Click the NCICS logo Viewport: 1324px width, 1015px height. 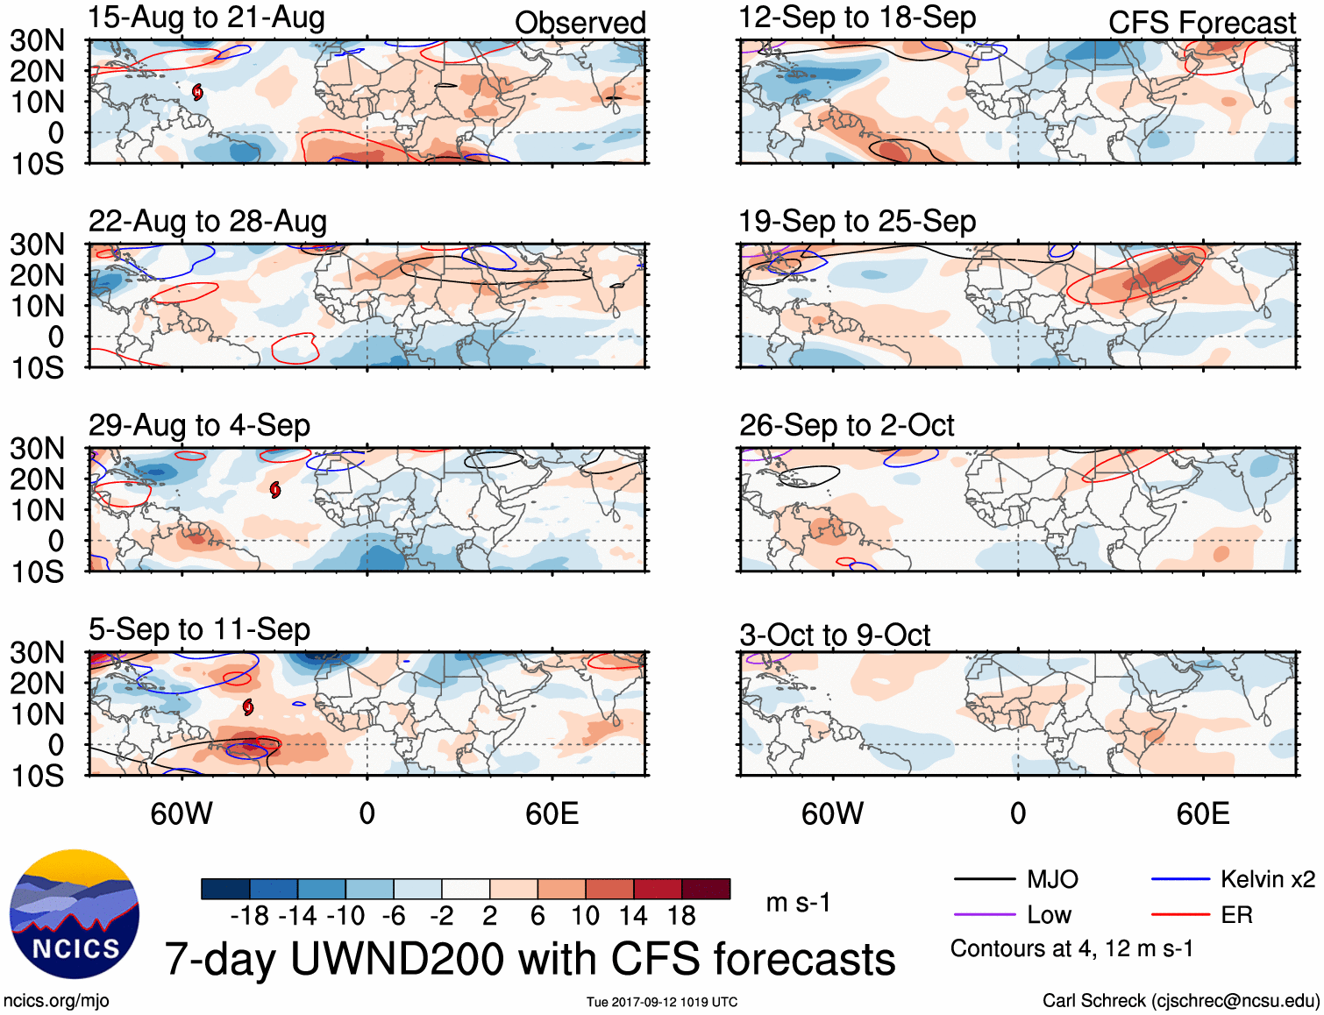[x=75, y=914]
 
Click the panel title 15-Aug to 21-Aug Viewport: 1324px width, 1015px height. [x=206, y=18]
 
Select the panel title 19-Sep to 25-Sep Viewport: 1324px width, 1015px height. [x=857, y=222]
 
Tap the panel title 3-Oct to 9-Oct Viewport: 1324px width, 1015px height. [x=834, y=635]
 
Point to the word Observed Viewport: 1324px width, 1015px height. [x=580, y=23]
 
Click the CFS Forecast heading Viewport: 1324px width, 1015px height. [x=1201, y=23]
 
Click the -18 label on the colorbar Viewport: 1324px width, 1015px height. [x=250, y=916]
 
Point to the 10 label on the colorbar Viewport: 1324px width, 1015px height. [x=585, y=916]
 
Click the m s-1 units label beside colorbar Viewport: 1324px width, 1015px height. [x=798, y=903]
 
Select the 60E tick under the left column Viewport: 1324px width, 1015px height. [x=552, y=813]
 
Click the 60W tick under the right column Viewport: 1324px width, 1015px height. [x=832, y=813]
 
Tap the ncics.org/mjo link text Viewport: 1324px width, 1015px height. [x=56, y=1001]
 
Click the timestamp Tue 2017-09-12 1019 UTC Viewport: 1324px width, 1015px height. [x=662, y=1002]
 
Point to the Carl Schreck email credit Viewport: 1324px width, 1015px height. [x=1180, y=1001]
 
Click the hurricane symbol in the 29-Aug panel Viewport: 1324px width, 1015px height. [x=275, y=489]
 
